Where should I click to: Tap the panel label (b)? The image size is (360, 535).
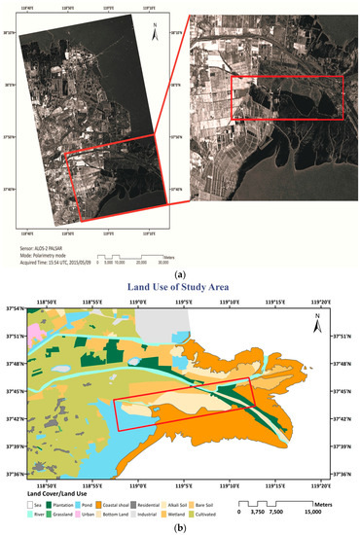[x=179, y=525]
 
